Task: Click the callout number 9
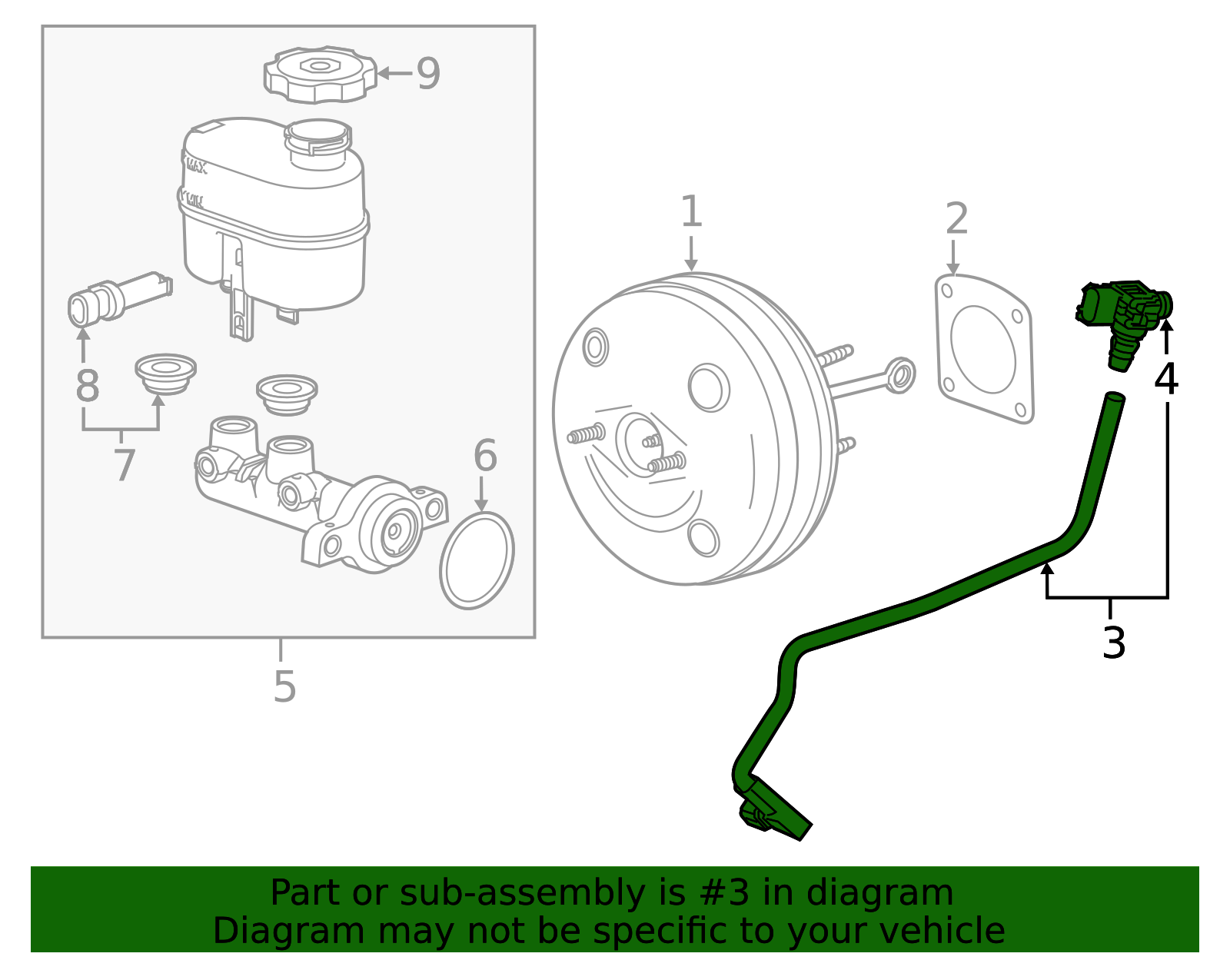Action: pos(428,74)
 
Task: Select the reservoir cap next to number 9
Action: pos(321,75)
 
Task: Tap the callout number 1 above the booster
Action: pos(691,211)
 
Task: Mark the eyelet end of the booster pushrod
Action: pos(899,375)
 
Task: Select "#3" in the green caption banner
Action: pos(724,893)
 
